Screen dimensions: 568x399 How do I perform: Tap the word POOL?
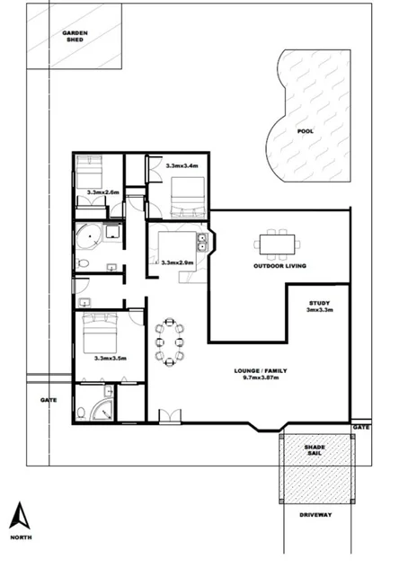pyautogui.click(x=306, y=130)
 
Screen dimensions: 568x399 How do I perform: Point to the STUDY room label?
pyautogui.click(x=320, y=306)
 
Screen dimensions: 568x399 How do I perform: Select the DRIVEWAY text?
pyautogui.click(x=315, y=515)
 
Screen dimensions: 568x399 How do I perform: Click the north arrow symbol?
pyautogui.click(x=16, y=514)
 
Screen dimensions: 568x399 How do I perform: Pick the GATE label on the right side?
pyautogui.click(x=361, y=426)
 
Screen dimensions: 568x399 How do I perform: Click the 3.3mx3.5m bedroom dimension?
pyautogui.click(x=111, y=358)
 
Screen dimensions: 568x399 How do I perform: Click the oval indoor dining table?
pyautogui.click(x=170, y=342)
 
